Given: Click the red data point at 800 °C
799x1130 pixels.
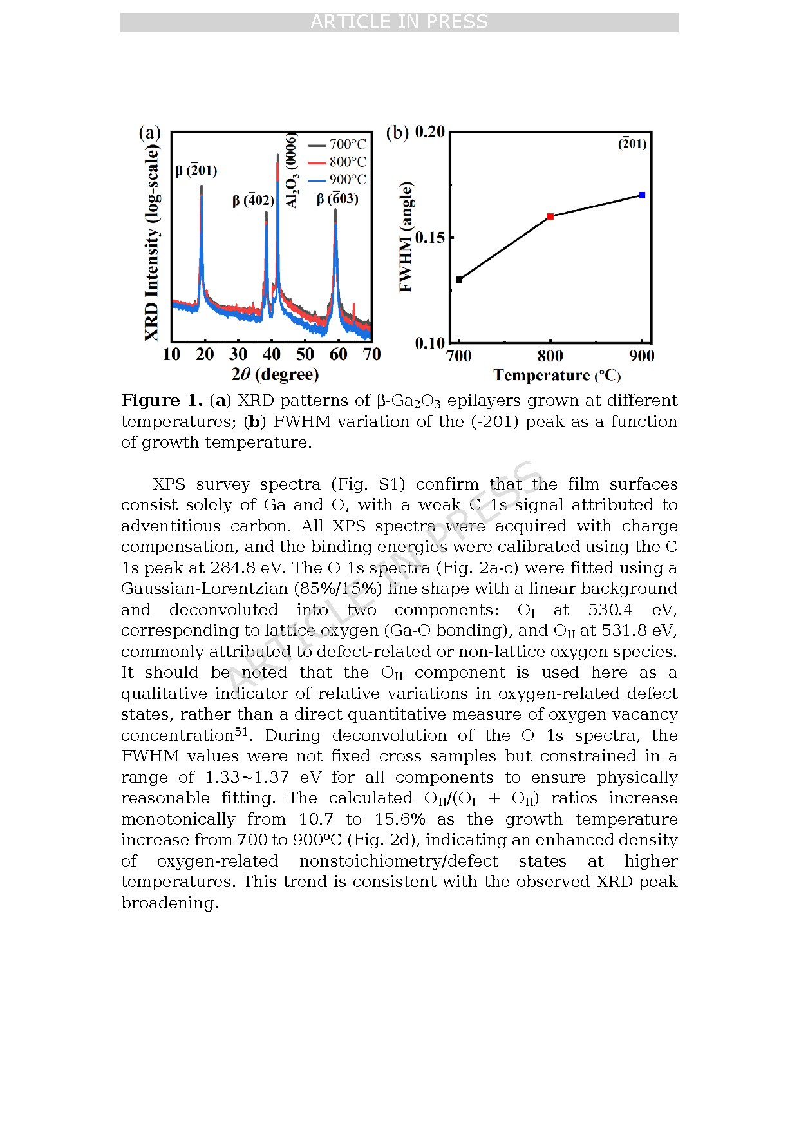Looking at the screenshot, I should tap(550, 216).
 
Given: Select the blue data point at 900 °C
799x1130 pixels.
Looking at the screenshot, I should tap(642, 195).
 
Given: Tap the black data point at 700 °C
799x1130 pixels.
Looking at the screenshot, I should tap(459, 280).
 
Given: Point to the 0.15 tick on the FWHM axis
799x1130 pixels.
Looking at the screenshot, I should tap(430, 238).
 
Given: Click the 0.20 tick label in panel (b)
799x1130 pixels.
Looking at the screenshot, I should tap(430, 132).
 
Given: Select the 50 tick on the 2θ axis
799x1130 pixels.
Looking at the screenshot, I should tap(305, 354).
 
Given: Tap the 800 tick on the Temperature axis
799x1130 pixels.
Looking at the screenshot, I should tap(550, 356).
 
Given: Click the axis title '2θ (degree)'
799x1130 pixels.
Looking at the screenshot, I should tap(275, 374).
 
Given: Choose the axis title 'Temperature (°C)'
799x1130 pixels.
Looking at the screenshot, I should tap(557, 376).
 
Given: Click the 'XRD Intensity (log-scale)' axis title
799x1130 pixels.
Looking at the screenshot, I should tap(151, 242).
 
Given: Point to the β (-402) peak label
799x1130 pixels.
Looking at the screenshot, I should tap(254, 200).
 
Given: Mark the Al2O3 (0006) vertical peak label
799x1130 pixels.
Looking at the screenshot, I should tap(292, 171).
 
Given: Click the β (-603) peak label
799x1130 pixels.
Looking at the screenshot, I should tap(337, 198).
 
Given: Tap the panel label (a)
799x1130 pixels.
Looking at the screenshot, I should tap(149, 133).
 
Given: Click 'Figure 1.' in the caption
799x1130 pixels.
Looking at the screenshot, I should tap(162, 401).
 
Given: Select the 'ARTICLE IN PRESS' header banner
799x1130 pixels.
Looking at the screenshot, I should tap(399, 22).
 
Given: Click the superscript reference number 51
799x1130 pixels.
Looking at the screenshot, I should tap(241, 732).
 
